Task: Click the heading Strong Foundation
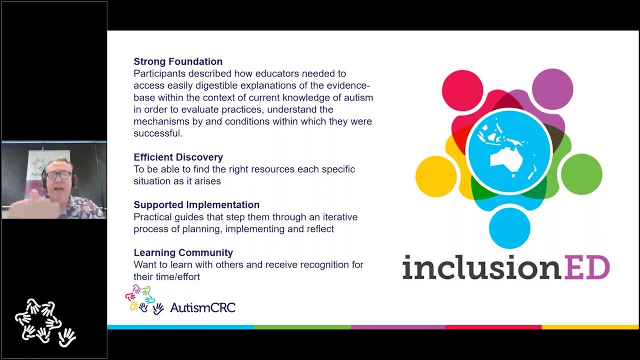pos(178,61)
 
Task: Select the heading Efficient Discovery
pos(178,157)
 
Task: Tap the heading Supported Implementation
pos(196,204)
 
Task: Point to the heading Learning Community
pos(183,252)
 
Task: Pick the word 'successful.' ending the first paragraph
pos(158,133)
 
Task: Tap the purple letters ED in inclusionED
pos(586,267)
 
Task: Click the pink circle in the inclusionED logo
pos(462,90)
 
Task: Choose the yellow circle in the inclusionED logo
pos(435,176)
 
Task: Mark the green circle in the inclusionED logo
pos(581,174)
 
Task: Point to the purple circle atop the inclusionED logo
pos(552,89)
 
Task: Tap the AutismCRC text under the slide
pos(202,307)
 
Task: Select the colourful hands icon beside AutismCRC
pos(144,299)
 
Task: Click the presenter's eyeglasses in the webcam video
pos(59,175)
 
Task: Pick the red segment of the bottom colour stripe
pos(493,327)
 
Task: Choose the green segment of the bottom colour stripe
pos(302,327)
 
